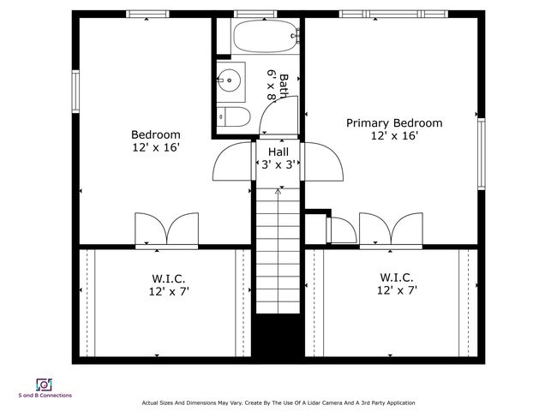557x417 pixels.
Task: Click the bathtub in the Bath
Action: [265, 36]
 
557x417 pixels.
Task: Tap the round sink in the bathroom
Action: [229, 80]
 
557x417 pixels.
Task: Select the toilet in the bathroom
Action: [234, 116]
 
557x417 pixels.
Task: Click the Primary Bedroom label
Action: [394, 123]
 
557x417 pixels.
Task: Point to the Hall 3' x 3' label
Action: [278, 158]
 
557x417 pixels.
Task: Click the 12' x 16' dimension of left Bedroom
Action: [156, 147]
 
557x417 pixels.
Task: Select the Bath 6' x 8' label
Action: [278, 86]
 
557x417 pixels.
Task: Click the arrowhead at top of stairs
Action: [278, 191]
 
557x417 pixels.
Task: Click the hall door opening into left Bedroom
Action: [233, 161]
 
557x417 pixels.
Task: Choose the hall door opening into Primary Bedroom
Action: [322, 162]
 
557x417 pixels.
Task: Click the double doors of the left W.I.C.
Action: [166, 229]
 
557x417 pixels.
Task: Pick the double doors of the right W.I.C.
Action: [391, 229]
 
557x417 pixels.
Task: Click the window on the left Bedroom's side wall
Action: [75, 92]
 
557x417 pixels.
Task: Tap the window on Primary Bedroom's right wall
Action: [482, 153]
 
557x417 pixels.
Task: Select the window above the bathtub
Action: [255, 15]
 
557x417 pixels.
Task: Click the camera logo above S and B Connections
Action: [44, 384]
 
